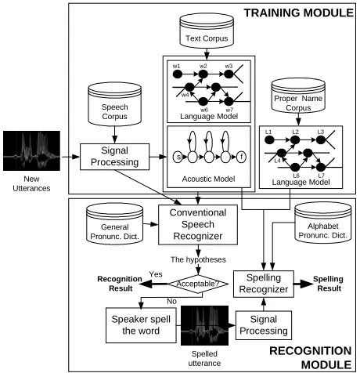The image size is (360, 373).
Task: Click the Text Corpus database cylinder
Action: pos(207,31)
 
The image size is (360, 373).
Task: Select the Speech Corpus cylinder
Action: pos(115,104)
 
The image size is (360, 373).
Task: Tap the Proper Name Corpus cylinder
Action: pos(298,96)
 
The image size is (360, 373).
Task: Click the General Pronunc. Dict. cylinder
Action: pos(114,223)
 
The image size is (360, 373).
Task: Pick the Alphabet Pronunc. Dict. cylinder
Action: pos(323,223)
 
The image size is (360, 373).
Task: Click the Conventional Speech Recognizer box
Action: pos(198,225)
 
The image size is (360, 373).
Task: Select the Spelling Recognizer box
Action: pos(264,284)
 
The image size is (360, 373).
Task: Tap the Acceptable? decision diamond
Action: pos(198,284)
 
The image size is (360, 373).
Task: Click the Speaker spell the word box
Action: pos(141,325)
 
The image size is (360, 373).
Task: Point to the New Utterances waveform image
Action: pos(31,151)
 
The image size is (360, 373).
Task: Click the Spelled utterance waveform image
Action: pos(204,325)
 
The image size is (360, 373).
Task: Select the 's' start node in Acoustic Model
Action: pos(178,157)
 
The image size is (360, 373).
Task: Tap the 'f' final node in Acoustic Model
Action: pos(242,157)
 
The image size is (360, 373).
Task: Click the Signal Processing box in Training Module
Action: pos(114,157)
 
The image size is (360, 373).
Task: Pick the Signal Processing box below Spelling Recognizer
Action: pos(264,325)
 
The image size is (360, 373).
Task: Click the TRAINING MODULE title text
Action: pos(299,13)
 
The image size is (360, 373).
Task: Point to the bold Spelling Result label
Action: pos(328,284)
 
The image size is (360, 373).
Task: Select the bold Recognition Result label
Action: pos(120,284)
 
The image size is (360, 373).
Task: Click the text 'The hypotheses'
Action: pos(198,259)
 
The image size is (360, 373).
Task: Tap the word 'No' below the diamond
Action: pos(171,301)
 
